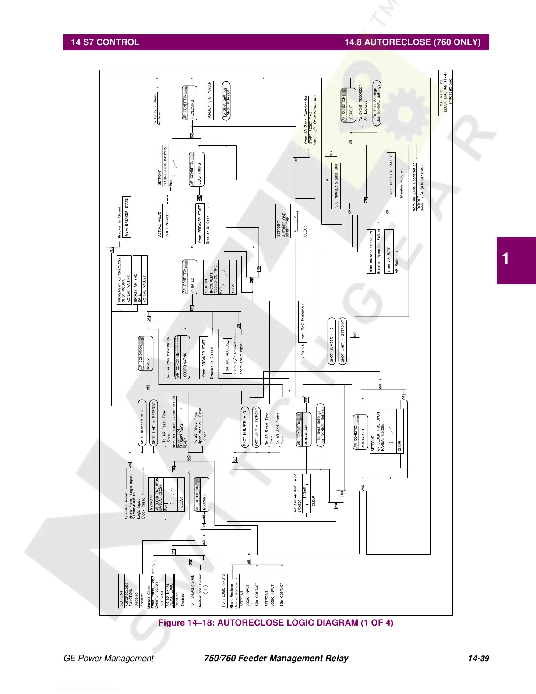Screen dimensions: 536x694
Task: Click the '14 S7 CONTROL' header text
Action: click(105, 42)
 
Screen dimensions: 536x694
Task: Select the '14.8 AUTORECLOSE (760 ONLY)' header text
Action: click(413, 42)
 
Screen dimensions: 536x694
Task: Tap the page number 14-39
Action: click(478, 658)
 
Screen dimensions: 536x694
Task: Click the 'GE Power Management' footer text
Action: click(109, 658)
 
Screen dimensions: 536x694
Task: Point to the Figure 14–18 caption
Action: click(275, 623)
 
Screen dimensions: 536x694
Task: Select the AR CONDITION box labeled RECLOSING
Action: click(189, 103)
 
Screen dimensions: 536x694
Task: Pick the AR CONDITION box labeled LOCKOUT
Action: click(349, 105)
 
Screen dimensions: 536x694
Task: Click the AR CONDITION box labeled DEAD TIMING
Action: click(196, 170)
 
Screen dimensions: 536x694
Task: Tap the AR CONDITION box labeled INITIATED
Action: click(190, 277)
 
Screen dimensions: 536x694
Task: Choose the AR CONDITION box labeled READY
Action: click(145, 354)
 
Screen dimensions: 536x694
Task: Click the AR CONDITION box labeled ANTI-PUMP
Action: click(303, 429)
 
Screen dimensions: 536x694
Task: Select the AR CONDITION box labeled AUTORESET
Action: click(360, 432)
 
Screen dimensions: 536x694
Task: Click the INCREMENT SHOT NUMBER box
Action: click(209, 100)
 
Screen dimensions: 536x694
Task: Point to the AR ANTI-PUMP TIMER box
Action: click(305, 493)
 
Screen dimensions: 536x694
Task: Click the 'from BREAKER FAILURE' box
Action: click(391, 174)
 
